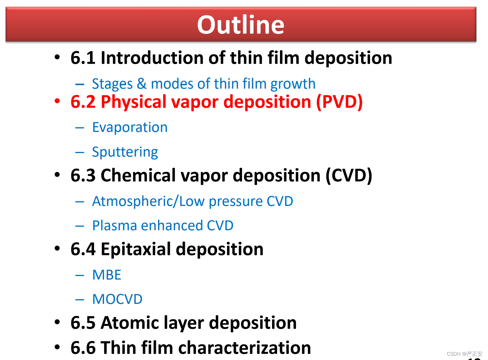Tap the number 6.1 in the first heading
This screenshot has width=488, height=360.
coord(83,58)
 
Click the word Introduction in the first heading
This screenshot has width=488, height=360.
coord(152,58)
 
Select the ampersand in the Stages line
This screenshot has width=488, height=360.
coord(142,84)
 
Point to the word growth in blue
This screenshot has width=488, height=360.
coord(293,84)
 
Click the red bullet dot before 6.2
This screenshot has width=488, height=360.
coord(57,101)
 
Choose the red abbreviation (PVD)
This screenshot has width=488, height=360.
coord(339,102)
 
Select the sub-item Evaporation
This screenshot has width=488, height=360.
coord(130,127)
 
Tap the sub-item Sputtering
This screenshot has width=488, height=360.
coord(125,152)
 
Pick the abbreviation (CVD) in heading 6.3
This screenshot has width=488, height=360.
coord(349,176)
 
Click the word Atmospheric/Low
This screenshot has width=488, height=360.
coord(148,201)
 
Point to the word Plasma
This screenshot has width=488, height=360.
coord(115,225)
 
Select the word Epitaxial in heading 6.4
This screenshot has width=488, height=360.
coord(136,249)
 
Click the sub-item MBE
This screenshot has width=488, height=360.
coord(107,275)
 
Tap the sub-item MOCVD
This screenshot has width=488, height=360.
coord(118,299)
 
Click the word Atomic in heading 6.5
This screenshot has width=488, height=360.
coord(130,323)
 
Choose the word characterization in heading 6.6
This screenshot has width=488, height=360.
coord(245,348)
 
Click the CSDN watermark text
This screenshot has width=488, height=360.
coord(464,354)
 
